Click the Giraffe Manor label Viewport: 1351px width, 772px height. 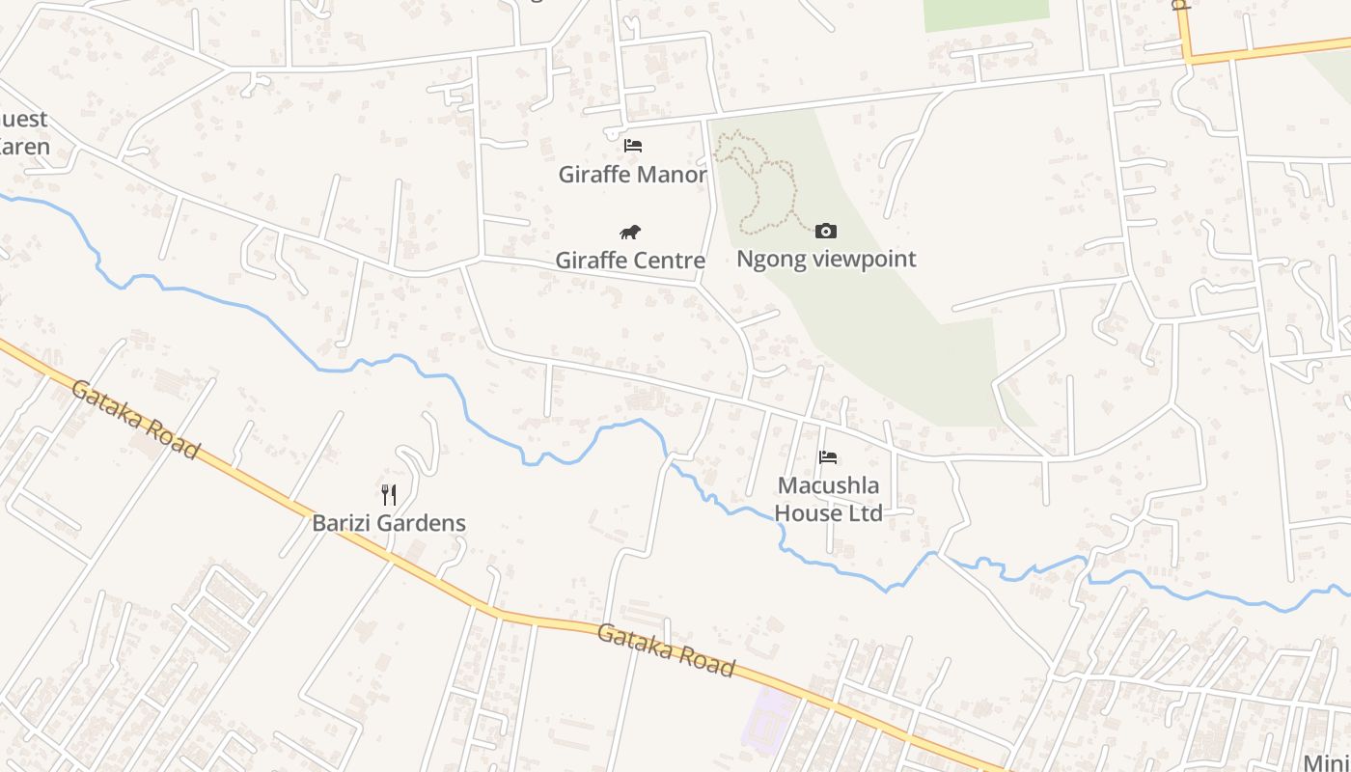point(632,175)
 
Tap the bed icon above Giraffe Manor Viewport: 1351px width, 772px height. point(632,146)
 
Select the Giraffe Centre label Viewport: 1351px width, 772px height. point(630,261)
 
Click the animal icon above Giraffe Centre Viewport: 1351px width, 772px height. point(630,232)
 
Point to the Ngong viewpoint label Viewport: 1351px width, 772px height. point(826,259)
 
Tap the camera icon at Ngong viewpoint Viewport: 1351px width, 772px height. point(826,231)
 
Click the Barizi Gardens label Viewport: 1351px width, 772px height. point(389,523)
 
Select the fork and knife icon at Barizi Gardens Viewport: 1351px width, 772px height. point(389,495)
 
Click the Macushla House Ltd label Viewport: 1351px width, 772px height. point(829,499)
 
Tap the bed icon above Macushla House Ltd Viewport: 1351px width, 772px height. point(828,456)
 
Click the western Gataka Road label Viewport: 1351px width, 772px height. point(135,419)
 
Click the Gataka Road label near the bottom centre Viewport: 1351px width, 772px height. point(666,649)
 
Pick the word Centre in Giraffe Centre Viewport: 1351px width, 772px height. point(670,261)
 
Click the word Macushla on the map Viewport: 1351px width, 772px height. point(829,484)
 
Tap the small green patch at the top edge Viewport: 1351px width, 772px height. point(984,13)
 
